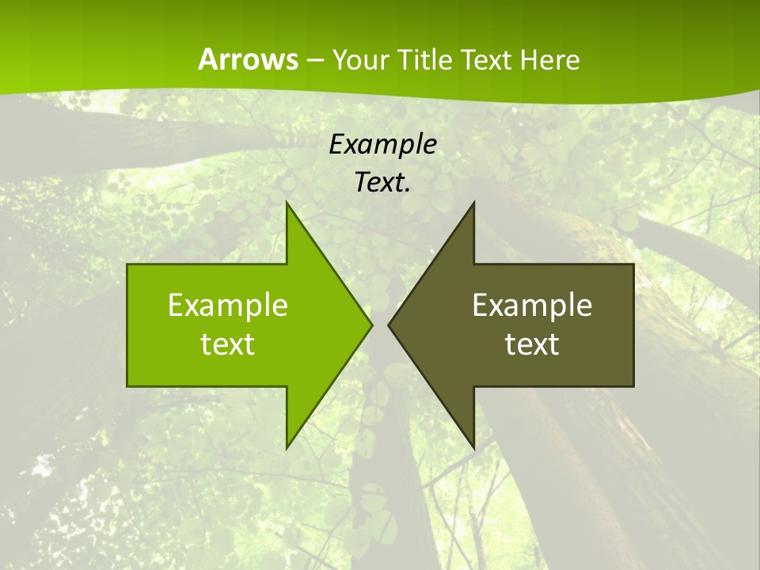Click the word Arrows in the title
pos(247,59)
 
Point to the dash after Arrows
pos(314,60)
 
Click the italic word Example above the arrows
pos(382,144)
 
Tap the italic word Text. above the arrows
pos(382,182)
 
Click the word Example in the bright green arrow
pos(228,306)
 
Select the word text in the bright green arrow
pos(228,344)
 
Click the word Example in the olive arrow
pos(532,306)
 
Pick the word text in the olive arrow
pos(532,344)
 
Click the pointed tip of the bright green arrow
pos(371,325)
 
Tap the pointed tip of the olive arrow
pos(389,325)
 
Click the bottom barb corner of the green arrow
pos(287,448)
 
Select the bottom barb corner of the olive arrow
pos(473,448)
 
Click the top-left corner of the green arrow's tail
pos(127,264)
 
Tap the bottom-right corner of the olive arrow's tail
pos(633,386)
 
